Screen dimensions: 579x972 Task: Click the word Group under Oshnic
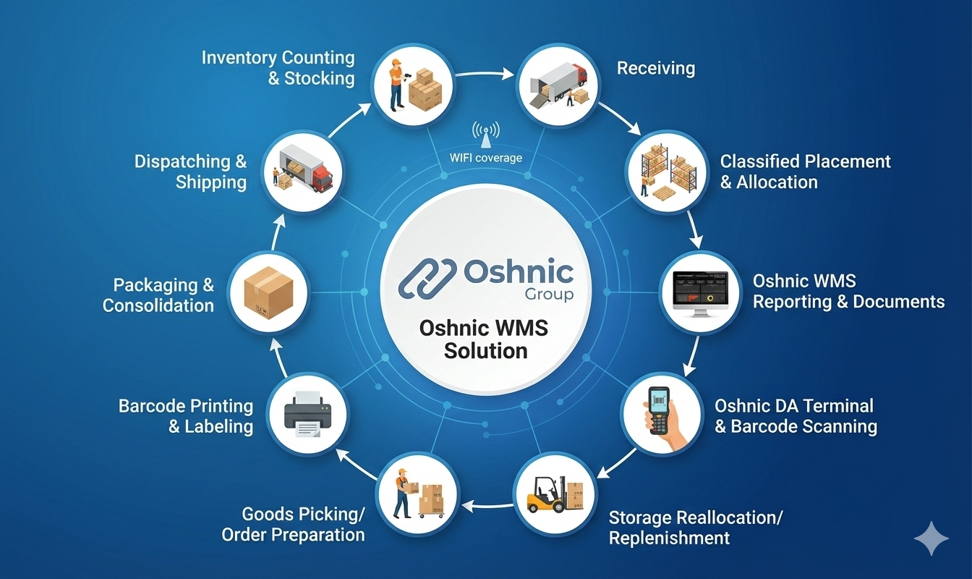point(549,294)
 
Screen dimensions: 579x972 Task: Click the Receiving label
point(655,69)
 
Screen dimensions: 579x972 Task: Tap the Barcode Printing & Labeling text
point(186,416)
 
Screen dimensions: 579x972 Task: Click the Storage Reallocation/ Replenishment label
point(696,528)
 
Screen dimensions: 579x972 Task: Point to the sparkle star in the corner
point(931,540)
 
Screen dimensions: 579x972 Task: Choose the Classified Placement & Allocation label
point(805,172)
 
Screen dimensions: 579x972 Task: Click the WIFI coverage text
point(486,158)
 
